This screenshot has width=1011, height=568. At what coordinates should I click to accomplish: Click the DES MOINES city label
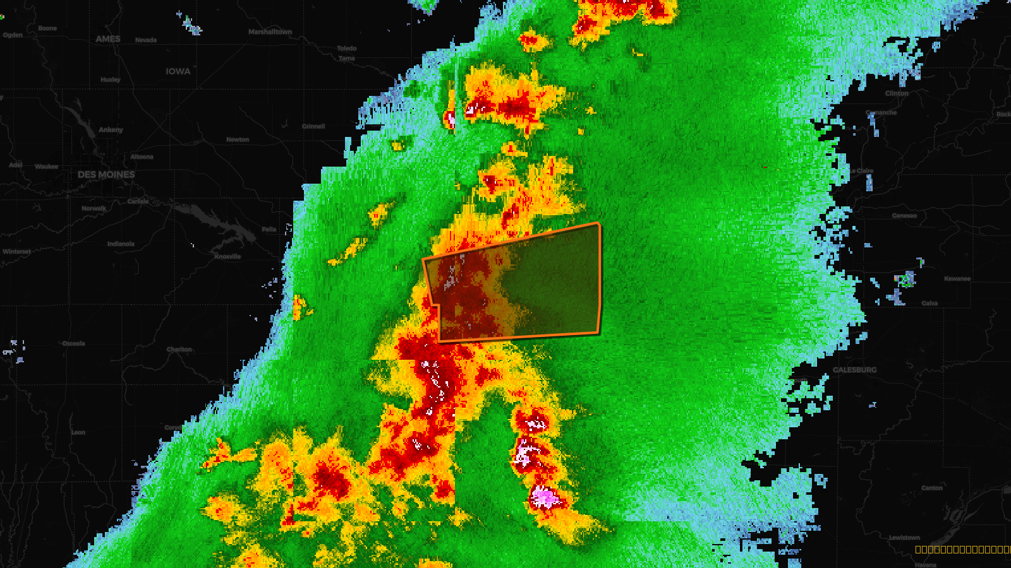(106, 174)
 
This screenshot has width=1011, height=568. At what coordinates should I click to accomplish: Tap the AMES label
(108, 39)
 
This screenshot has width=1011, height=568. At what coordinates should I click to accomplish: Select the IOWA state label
(178, 71)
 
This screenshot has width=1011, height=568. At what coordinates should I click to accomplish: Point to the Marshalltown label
(270, 32)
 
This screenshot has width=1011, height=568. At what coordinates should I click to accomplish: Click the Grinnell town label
(313, 126)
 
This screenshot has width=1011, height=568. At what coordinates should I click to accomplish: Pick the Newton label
(238, 139)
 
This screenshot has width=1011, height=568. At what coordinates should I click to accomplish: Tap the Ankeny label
(111, 130)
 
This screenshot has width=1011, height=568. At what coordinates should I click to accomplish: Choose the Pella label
(269, 229)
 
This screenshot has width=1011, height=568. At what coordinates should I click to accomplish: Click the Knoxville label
(227, 256)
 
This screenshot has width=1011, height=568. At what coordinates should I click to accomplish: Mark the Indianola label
(121, 244)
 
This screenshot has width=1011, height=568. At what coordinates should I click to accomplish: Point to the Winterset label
(16, 251)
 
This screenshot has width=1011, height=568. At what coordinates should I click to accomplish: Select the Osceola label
(73, 343)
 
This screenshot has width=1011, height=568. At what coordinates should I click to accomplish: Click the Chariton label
(179, 349)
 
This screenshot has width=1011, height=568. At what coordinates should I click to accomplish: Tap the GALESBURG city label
(855, 370)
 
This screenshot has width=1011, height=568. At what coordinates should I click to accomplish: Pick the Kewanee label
(957, 278)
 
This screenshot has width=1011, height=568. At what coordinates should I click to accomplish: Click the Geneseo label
(904, 216)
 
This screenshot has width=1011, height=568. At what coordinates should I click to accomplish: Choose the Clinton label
(897, 93)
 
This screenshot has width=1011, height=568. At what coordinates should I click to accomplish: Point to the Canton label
(932, 488)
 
